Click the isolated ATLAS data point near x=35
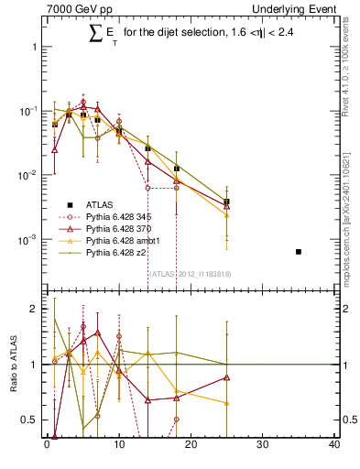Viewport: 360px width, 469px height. pos(299,251)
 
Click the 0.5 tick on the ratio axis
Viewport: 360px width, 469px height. pos(27,420)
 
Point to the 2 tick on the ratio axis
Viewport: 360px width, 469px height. pos(32,309)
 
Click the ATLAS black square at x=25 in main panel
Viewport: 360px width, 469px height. pos(226,202)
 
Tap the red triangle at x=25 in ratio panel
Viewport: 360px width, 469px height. pos(226,377)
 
